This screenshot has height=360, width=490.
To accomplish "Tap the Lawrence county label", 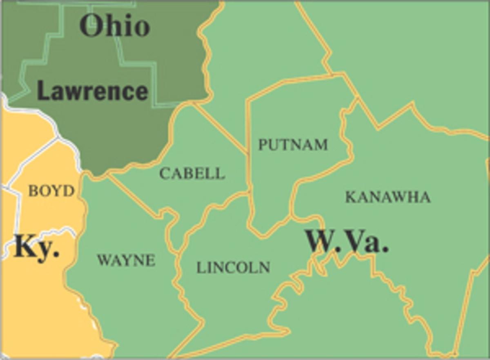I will pos(92,91).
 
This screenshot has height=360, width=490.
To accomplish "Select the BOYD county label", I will pos(51,191).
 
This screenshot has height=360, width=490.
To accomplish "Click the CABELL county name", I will pos(192,173).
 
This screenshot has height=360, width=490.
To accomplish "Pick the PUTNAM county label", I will pos(293,144).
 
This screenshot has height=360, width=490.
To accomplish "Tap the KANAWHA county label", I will pos(388,197).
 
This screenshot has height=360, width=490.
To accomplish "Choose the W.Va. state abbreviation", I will pos(347,241).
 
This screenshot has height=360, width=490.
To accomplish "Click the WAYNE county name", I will pos(126,260).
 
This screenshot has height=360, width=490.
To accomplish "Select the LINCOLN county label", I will pos(233,267).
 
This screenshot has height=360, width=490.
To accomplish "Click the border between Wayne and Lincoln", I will pos(178,278).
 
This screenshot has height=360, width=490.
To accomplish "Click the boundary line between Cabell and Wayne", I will pos(135,196).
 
